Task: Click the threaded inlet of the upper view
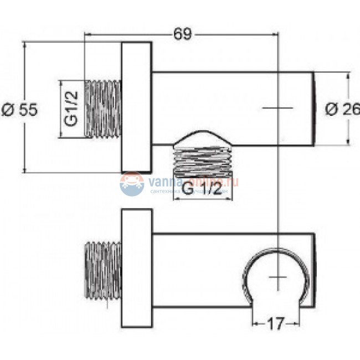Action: [x=102, y=109]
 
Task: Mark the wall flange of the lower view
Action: [x=136, y=268]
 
